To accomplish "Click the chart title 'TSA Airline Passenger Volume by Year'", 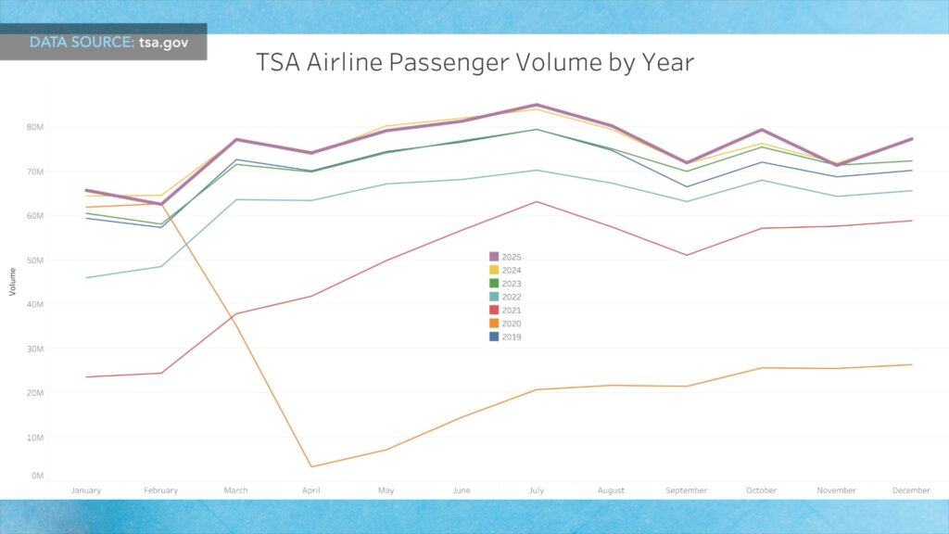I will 474,63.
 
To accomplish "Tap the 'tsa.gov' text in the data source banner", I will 171,43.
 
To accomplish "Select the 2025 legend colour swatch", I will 494,257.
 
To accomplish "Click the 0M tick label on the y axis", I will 38,476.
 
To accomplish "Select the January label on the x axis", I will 86,490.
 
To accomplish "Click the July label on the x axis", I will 536,490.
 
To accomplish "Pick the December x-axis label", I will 912,490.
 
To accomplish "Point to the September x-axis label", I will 686,490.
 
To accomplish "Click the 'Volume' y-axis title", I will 13,282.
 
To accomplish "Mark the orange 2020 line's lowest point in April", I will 311,466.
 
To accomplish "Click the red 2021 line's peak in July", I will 536,201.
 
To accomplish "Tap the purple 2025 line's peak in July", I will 536,105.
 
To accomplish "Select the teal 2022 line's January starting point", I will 87,278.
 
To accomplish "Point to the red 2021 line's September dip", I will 686,255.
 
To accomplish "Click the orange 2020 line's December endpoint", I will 912,364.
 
